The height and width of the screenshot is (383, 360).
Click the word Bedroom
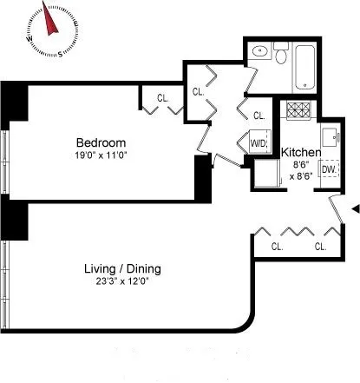pyautogui.click(x=101, y=143)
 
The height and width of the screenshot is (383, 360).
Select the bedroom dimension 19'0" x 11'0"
pyautogui.click(x=101, y=155)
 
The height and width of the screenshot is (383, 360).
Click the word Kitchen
pyautogui.click(x=301, y=153)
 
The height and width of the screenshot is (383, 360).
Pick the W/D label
pyautogui.click(x=259, y=143)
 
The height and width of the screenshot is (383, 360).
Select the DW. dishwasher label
pyautogui.click(x=329, y=170)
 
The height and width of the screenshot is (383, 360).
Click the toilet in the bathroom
pyautogui.click(x=282, y=56)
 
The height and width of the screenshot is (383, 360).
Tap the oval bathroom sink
pyautogui.click(x=259, y=52)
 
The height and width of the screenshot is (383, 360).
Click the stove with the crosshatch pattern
pyautogui.click(x=299, y=111)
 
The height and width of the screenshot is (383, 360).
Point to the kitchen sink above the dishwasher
pyautogui.click(x=330, y=137)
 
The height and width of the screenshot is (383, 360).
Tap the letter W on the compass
pyautogui.click(x=30, y=39)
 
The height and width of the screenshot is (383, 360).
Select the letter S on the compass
pyautogui.click(x=60, y=54)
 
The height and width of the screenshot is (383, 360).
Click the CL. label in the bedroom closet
pyautogui.click(x=163, y=98)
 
